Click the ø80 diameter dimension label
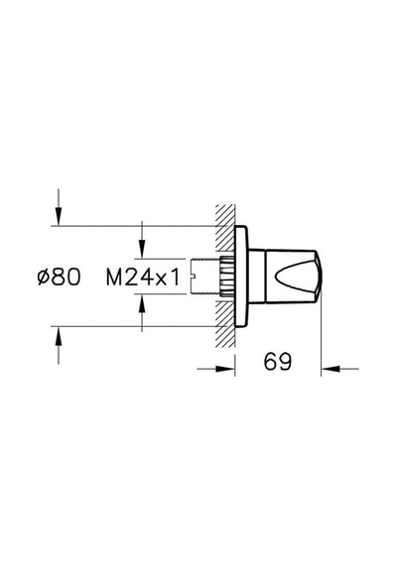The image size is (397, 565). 60,278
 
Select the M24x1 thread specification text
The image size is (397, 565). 143,278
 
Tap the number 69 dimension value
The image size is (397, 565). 277,362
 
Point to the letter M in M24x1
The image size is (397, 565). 114,278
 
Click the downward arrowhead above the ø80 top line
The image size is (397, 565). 59,217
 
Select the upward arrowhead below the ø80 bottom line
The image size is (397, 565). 59,336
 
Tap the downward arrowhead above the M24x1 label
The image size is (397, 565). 143,250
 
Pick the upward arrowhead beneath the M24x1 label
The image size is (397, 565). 143,303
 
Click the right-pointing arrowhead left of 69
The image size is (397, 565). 225,369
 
